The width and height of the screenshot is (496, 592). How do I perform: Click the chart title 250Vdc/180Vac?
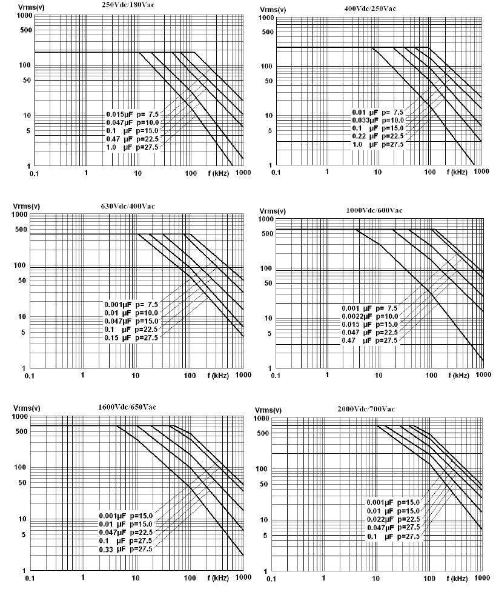[x=129, y=4]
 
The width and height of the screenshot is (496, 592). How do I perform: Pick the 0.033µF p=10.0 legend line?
[x=378, y=121]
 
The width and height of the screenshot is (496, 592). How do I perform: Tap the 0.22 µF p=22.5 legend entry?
[x=378, y=137]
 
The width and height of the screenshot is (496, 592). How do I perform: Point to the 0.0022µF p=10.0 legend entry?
[x=369, y=316]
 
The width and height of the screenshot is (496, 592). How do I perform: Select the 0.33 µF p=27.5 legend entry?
[x=126, y=549]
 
